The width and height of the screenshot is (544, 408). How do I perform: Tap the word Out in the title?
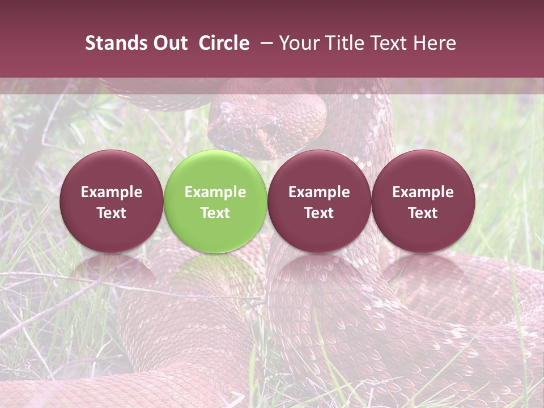(168, 43)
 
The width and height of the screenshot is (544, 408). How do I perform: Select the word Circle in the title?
(224, 43)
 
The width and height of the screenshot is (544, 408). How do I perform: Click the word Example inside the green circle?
(215, 192)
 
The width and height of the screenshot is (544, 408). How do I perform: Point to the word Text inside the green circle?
(215, 213)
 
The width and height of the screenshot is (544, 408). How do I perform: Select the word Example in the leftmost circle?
(112, 192)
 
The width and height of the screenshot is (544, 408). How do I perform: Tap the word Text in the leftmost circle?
(112, 213)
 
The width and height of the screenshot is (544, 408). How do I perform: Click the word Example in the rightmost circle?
(423, 192)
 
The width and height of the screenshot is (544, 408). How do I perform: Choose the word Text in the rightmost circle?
(423, 213)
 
